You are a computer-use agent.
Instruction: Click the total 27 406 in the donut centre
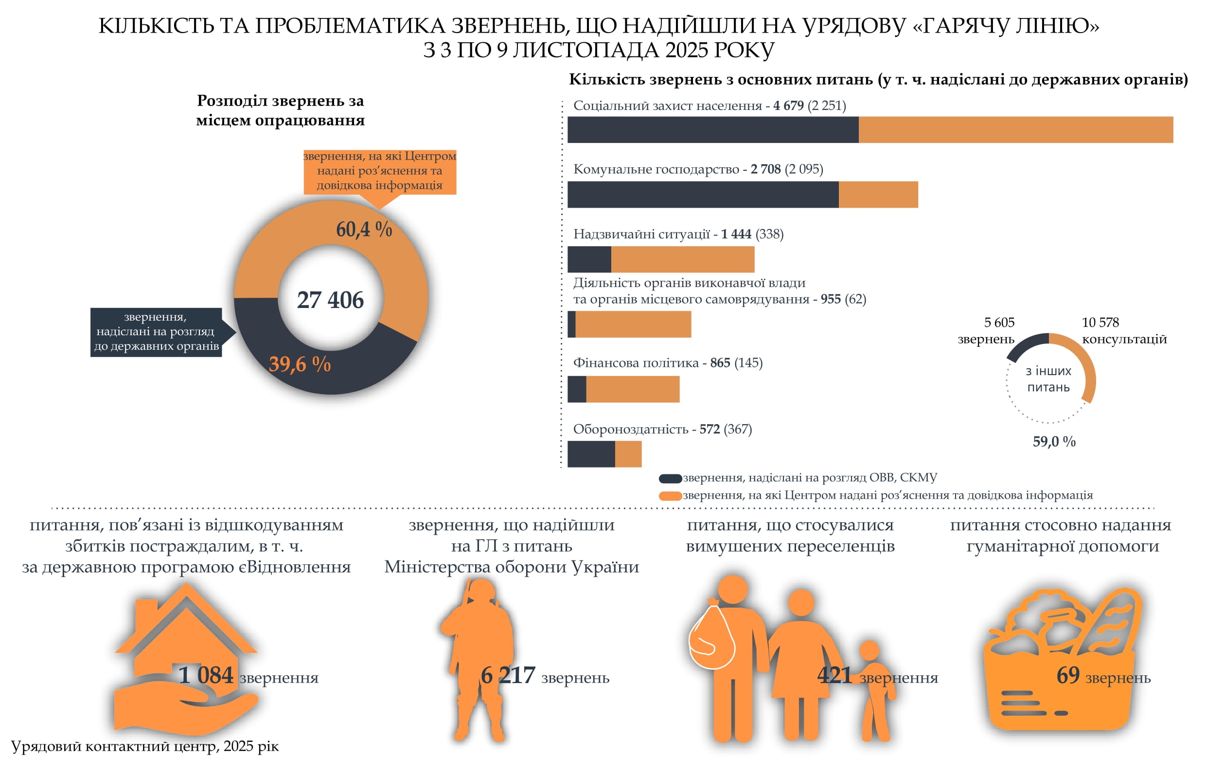click(330, 300)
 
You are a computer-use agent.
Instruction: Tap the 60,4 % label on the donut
click(364, 229)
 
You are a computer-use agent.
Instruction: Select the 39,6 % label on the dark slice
click(300, 364)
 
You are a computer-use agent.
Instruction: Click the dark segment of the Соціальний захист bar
click(712, 130)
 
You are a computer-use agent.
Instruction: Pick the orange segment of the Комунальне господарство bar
click(878, 194)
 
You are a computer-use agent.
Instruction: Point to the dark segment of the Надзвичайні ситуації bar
click(589, 259)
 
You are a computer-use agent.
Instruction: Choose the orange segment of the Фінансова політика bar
click(633, 389)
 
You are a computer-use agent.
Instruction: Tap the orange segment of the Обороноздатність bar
click(627, 453)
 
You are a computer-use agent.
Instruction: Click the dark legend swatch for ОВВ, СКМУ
click(670, 478)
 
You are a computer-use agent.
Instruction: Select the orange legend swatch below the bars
click(670, 496)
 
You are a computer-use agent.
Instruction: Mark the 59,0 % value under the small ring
click(1054, 441)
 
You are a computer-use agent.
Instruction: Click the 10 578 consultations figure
click(1100, 322)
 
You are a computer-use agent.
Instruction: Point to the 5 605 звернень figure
click(999, 322)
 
